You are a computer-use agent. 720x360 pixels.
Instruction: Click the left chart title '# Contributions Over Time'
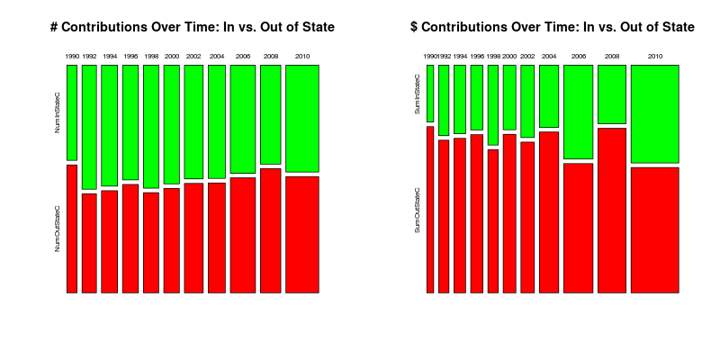point(193,28)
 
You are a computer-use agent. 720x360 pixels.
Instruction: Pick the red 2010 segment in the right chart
point(654,229)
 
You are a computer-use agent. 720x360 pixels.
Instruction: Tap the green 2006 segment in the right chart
point(578,112)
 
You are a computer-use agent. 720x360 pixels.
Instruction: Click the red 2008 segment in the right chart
point(611,210)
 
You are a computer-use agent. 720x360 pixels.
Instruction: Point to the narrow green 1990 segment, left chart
point(71,112)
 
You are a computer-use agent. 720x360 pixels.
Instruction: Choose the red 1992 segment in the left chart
point(89,243)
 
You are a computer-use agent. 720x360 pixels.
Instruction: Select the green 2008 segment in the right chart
point(611,94)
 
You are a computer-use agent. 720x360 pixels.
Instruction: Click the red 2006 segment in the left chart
point(243,235)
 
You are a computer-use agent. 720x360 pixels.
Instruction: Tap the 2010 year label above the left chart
point(302,57)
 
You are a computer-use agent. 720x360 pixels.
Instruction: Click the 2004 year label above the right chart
point(549,57)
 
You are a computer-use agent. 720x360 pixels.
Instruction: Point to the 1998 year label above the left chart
point(150,57)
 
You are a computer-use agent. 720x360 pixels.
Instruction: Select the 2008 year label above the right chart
point(611,57)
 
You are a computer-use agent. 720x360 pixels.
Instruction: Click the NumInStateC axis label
point(58,112)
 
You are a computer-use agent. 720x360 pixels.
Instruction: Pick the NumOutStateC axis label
point(58,229)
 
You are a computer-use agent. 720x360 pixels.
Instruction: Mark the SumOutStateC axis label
point(418,210)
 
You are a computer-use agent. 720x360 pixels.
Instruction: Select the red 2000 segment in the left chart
point(172,239)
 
